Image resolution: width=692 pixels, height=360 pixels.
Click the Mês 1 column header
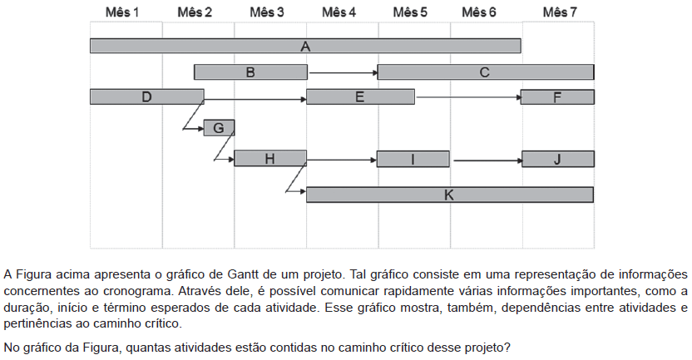coord(122,12)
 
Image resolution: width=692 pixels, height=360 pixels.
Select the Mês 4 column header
coord(339,12)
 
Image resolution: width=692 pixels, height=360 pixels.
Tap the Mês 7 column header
coord(560,12)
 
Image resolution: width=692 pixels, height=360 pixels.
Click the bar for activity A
coord(305,46)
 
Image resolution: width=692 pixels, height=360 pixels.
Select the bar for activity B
coord(250,72)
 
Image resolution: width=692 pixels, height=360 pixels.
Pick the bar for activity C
coord(486,72)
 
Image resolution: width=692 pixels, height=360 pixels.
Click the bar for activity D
coord(147,96)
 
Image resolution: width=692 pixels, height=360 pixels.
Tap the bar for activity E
coord(361,96)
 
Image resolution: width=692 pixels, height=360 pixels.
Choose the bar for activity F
coord(557,97)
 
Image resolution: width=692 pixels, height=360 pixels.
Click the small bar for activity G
coord(219,128)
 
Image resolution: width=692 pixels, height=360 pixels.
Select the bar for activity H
coord(270,158)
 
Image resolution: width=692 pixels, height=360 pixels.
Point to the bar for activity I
coord(413,159)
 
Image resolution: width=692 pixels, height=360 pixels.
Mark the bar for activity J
coord(558,159)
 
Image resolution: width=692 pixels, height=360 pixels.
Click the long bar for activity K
coord(450,195)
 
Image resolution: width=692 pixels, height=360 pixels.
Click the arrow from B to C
coord(343,72)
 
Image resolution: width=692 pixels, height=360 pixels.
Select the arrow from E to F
coord(468,97)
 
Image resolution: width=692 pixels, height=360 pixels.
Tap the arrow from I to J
coord(487,160)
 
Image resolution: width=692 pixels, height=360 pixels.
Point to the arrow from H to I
coord(342,160)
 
